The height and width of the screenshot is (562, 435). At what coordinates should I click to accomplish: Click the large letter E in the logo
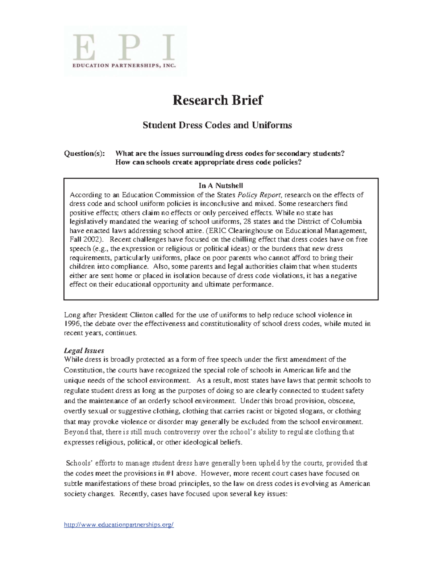tap(84, 48)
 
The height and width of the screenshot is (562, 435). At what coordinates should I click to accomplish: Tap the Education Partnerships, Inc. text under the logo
tap(124, 66)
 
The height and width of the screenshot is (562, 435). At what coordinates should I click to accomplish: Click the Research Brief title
tap(217, 100)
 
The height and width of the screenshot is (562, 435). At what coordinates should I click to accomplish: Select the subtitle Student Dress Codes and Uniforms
tap(217, 125)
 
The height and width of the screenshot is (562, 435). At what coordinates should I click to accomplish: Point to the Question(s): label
tap(84, 153)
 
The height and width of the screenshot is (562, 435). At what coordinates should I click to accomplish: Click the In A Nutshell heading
tap(220, 186)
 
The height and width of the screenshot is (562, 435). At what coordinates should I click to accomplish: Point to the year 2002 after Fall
tap(91, 240)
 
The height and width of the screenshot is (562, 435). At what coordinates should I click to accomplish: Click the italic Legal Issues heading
tap(84, 350)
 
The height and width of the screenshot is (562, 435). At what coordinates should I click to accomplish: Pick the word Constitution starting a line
tap(83, 370)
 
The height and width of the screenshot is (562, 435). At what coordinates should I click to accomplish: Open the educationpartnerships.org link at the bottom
tap(119, 525)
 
